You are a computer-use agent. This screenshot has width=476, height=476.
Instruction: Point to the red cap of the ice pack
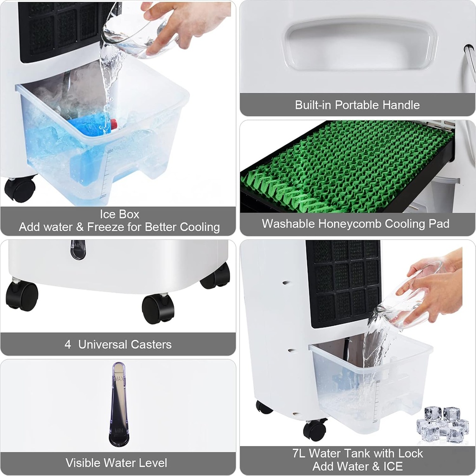(113, 124)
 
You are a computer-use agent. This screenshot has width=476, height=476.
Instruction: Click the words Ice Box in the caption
(119, 214)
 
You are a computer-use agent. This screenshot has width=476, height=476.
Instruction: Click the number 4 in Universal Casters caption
(68, 344)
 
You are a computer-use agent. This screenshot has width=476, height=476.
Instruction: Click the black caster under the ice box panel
(20, 189)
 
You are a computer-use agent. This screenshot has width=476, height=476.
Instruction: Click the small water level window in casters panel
(78, 249)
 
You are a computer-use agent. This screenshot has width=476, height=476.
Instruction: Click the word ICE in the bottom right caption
(391, 466)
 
